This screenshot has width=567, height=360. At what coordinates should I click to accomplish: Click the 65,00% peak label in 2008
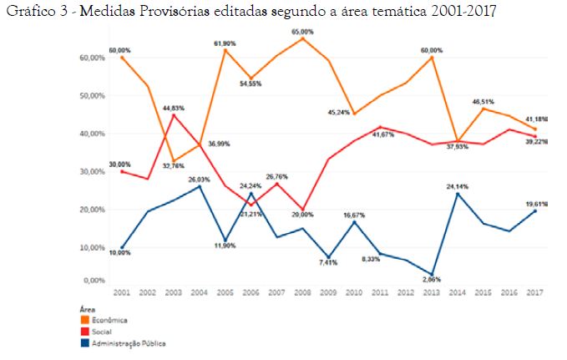click(303, 32)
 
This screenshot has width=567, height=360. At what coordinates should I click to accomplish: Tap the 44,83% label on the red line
click(172, 108)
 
